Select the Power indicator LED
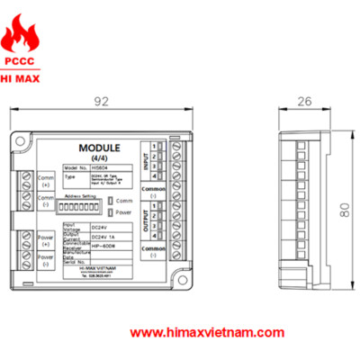coord(110,213)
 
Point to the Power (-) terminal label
coord(46,260)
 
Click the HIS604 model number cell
coord(103,167)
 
